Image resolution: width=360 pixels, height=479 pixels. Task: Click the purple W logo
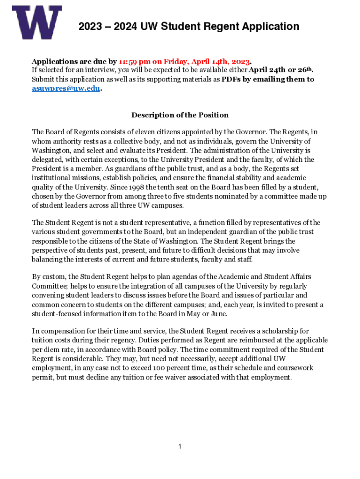(36, 22)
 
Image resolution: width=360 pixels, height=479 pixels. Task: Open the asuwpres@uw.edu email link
(65, 88)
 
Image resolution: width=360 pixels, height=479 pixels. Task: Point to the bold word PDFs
(230, 80)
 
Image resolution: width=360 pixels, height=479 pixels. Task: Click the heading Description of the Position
(180, 115)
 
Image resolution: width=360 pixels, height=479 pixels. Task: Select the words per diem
(46, 350)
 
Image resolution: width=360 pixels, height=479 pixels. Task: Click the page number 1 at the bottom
(180, 447)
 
